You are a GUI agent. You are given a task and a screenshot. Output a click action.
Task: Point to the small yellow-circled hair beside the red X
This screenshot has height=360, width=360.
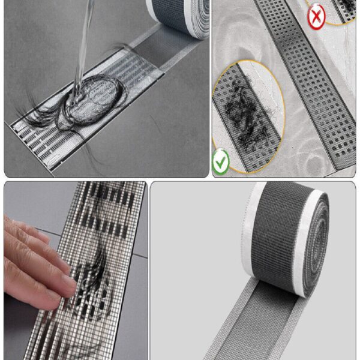point(345,8)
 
